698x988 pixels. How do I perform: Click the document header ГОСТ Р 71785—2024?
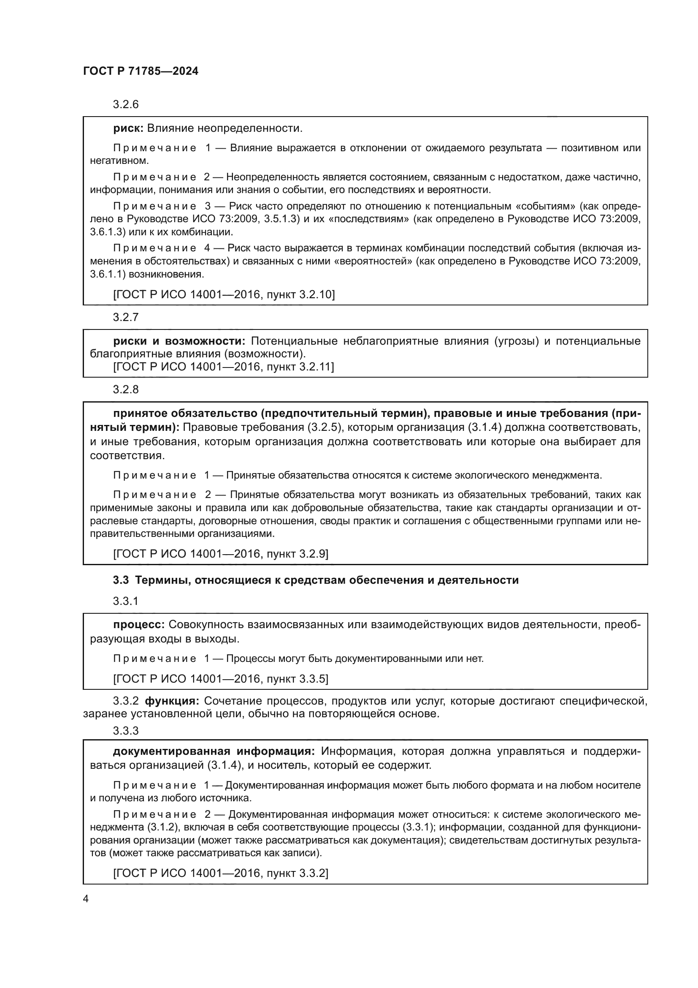coord(141,71)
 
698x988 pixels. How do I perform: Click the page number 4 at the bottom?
coord(86,899)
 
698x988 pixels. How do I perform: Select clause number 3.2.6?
coord(125,105)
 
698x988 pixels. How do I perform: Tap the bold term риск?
coord(128,128)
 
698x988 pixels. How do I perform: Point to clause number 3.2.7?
coord(125,317)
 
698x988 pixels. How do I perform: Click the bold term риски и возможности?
coord(179,341)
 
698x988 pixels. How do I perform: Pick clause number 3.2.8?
coord(125,389)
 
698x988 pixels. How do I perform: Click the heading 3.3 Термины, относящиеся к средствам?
coord(316,580)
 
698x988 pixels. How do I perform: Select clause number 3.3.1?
coord(125,601)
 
